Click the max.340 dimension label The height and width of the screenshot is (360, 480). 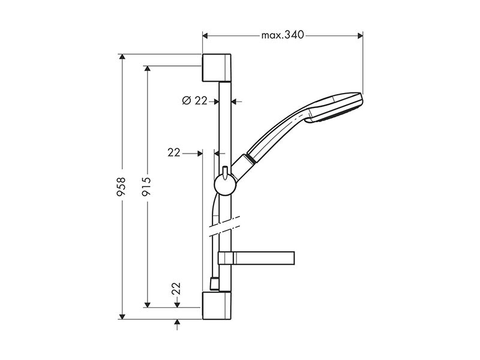tap(283, 35)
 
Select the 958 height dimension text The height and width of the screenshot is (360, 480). tap(121, 187)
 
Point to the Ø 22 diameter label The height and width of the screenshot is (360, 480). tap(194, 100)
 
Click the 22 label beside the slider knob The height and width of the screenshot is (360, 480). tap(174, 153)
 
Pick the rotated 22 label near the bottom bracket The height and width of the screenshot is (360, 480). tap(176, 289)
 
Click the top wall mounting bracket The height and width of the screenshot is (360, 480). tap(217, 68)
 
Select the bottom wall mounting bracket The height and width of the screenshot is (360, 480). tap(217, 305)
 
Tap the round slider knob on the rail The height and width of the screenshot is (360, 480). tap(225, 185)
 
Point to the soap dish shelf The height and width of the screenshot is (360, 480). tap(256, 258)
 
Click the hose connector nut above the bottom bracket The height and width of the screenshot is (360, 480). tap(214, 284)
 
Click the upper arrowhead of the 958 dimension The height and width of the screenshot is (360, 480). tap(122, 56)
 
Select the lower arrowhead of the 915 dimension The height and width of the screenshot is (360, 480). tap(147, 305)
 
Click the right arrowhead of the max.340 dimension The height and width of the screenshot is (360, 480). tap(361, 36)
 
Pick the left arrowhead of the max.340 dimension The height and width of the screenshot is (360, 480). tap(205, 36)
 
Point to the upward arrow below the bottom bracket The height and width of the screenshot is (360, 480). tap(177, 325)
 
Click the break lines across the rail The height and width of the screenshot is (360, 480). tap(224, 227)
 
